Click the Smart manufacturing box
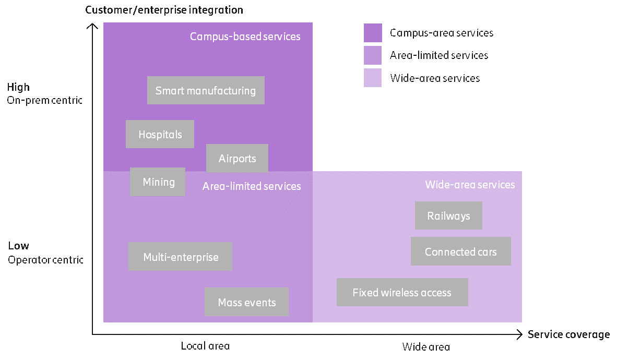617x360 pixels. pos(206,90)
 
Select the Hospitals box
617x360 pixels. pos(160,134)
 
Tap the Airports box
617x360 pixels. pos(237,158)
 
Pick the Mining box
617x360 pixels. pos(158,182)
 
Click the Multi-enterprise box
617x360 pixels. pos(181,256)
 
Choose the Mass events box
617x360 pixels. pos(246,302)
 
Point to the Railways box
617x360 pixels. pos(448,215)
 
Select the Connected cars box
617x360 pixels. pos(460,251)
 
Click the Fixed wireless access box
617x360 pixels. pos(402,292)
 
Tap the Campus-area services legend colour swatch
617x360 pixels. pos(373,33)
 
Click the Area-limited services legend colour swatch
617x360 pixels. pos(373,55)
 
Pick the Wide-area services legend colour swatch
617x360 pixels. pos(373,78)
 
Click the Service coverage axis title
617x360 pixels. pos(568,334)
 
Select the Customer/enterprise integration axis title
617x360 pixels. pos(164,9)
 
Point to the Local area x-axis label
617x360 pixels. pos(205,346)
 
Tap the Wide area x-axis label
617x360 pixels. pos(426,347)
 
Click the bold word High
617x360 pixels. pos(18,87)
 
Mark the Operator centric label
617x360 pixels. pos(45,259)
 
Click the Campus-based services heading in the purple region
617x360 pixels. pos(245,37)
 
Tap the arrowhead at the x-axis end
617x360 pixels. pos(518,334)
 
